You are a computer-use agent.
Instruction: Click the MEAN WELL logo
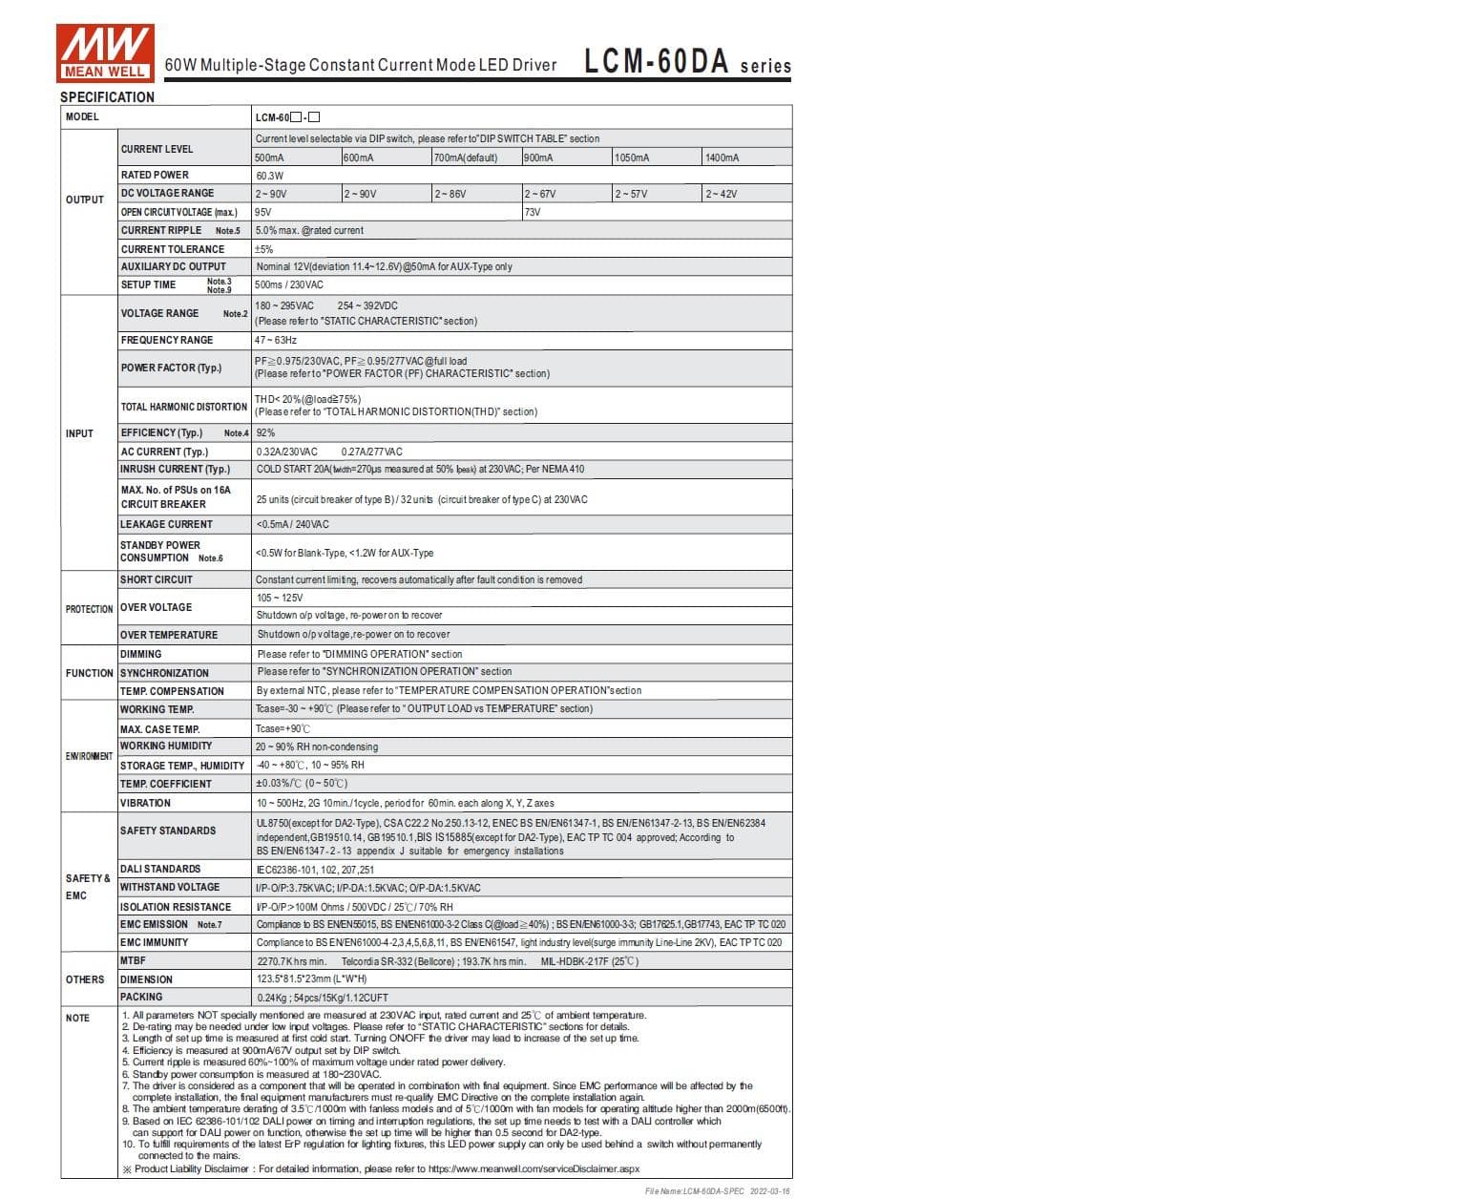click(105, 53)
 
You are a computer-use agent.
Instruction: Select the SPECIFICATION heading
click(107, 97)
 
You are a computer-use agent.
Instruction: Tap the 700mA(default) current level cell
click(466, 158)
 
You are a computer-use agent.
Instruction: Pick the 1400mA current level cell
click(722, 158)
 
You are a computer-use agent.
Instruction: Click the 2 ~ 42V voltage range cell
click(721, 194)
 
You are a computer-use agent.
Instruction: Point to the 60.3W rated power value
click(269, 176)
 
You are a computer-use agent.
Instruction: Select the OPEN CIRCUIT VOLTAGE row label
click(178, 212)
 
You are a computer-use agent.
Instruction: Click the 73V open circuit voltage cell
click(533, 212)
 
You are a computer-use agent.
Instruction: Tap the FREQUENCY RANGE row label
click(167, 340)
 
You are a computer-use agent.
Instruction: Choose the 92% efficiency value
click(265, 432)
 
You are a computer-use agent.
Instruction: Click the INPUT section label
click(79, 433)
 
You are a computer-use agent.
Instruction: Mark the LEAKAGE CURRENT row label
click(166, 524)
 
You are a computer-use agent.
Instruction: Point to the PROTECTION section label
click(89, 609)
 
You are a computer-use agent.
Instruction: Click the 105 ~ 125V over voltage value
click(280, 598)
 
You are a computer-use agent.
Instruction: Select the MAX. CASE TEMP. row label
click(159, 729)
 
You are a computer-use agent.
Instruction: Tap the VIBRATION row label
click(145, 803)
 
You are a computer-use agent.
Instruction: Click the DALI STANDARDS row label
click(160, 869)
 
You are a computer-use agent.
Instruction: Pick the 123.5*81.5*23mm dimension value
click(311, 979)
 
